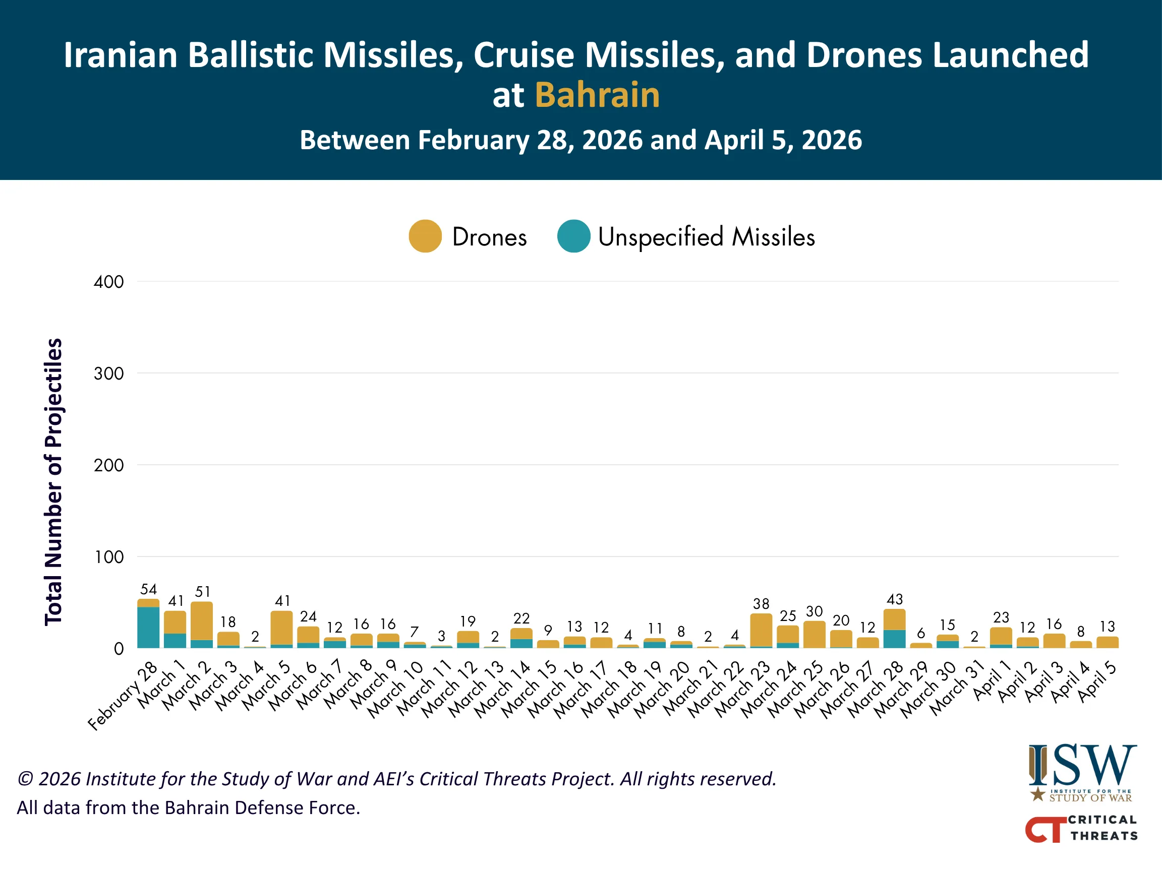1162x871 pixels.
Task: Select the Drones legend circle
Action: click(x=425, y=236)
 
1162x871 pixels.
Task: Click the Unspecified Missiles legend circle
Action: click(x=573, y=236)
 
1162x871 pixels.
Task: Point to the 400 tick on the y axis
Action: click(x=109, y=282)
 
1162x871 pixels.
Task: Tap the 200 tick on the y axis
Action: click(x=109, y=465)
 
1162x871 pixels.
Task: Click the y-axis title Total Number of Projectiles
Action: click(x=53, y=481)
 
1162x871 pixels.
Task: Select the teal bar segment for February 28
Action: click(x=148, y=628)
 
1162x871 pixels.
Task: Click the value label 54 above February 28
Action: click(x=148, y=589)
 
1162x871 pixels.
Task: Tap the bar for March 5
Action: click(x=282, y=629)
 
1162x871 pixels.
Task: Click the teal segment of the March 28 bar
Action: click(x=895, y=639)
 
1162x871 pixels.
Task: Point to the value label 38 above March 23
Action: click(x=761, y=604)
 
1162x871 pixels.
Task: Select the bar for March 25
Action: click(x=814, y=635)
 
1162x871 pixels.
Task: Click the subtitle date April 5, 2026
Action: click(x=783, y=140)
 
